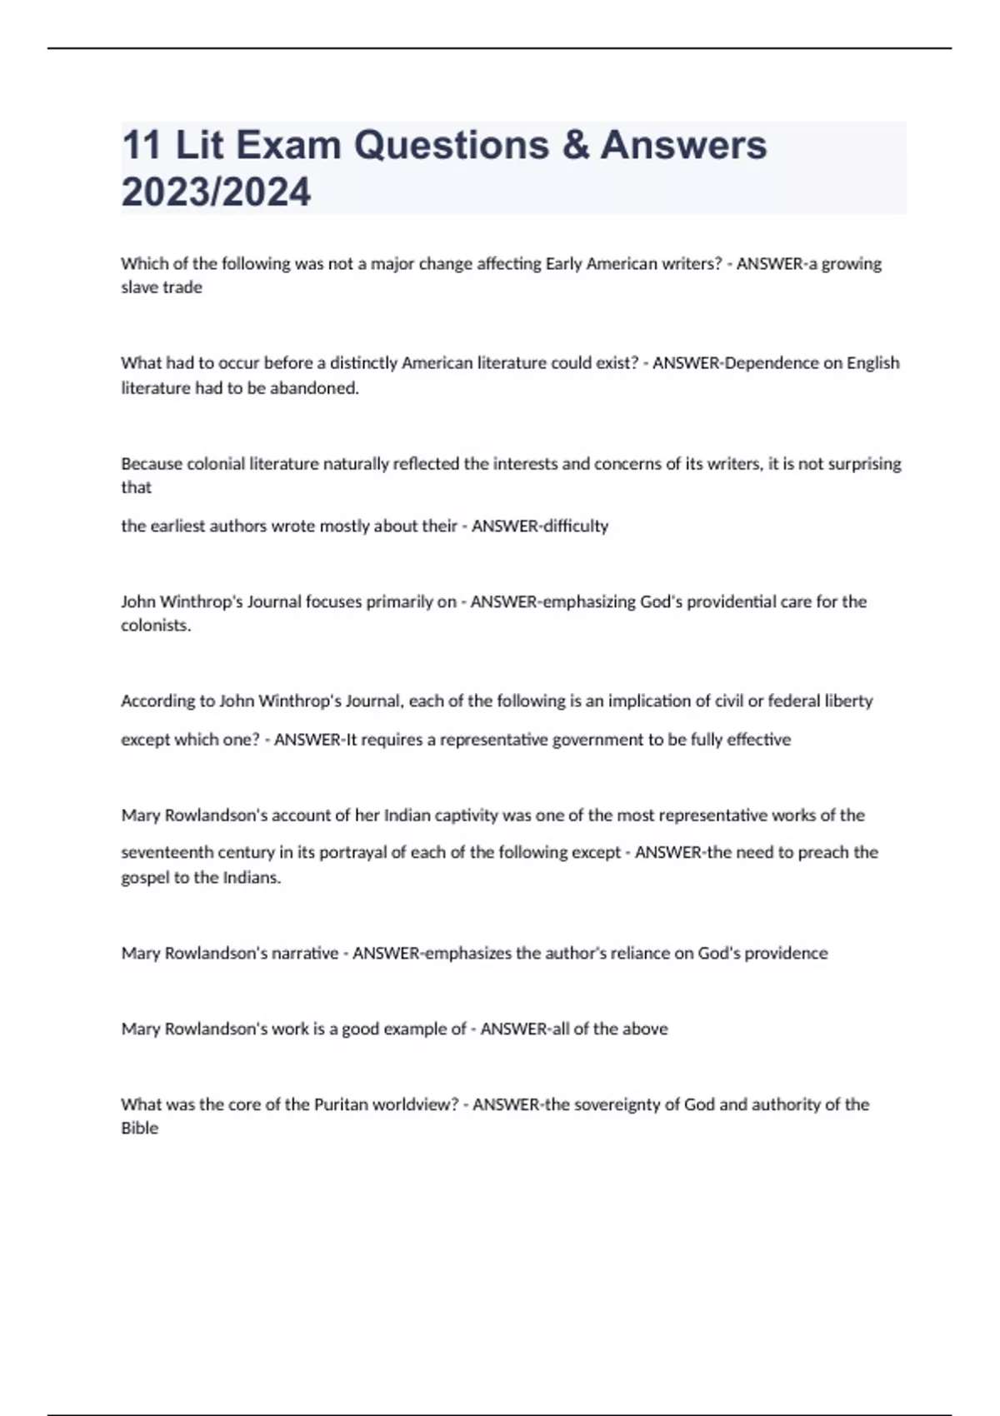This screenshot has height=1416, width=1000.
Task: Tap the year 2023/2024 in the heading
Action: point(216,192)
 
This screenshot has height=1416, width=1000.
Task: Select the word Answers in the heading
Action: point(683,145)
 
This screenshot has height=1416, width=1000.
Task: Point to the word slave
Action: point(140,287)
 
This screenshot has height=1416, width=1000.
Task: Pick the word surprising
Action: point(864,464)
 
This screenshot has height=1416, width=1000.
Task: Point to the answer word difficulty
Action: point(575,526)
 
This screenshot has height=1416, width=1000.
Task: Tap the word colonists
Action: point(156,626)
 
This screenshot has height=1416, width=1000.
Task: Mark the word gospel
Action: point(145,878)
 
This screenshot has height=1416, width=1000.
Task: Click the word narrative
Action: point(305,954)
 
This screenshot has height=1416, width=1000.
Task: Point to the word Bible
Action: point(139,1129)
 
